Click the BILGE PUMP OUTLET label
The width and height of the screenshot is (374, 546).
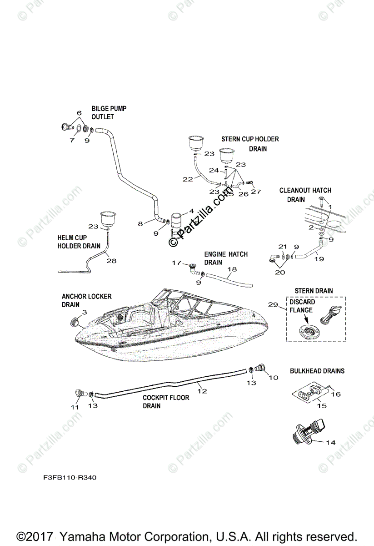point(109,113)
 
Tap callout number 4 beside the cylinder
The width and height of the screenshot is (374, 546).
point(191,211)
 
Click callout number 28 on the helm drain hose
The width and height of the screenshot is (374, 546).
point(111,261)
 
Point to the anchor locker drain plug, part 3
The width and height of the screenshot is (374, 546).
point(74,324)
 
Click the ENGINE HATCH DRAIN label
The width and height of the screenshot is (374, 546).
point(226,258)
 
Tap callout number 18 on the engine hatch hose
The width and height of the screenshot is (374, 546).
point(232,269)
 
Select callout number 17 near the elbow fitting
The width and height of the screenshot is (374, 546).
point(176,263)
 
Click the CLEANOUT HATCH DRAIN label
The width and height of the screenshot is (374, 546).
point(305,195)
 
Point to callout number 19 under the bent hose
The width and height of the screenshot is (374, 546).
point(319,259)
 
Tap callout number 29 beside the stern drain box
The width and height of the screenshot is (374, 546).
point(273,304)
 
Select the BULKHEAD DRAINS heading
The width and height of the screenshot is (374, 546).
point(317,371)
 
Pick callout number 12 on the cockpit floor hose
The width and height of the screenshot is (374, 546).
point(202,390)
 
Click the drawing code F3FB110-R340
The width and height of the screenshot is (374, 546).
point(70,478)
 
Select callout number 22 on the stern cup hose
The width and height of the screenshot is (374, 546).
point(188,179)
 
